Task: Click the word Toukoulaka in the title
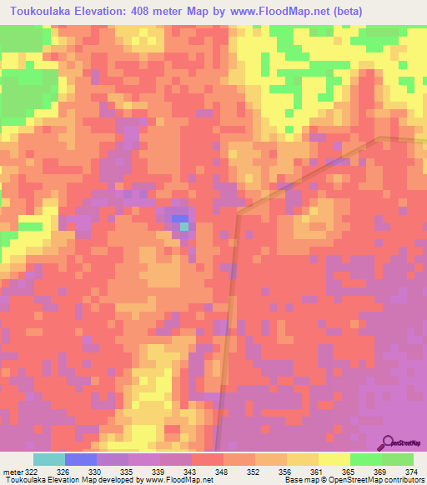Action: point(42,11)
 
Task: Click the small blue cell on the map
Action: point(179,218)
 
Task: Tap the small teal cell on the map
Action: point(183,226)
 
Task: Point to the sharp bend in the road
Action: point(238,214)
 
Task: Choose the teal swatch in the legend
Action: point(48,459)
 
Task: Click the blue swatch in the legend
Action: point(80,459)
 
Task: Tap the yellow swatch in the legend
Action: point(334,459)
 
